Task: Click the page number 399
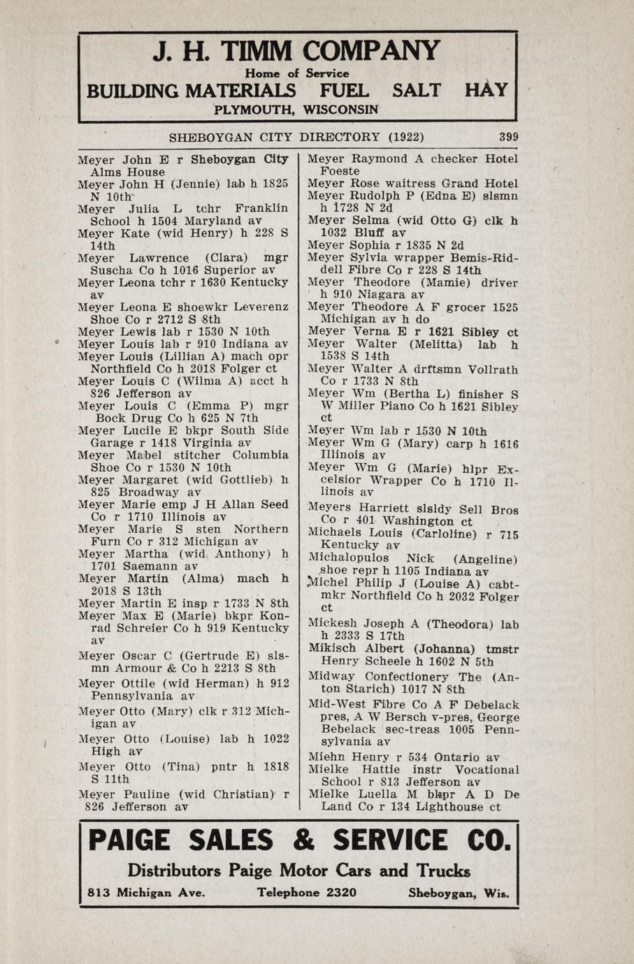(x=508, y=137)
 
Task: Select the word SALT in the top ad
(x=416, y=91)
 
